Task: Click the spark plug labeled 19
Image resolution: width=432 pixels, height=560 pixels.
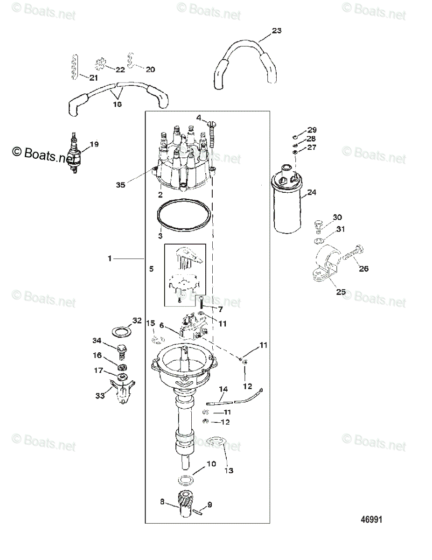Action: tap(75, 152)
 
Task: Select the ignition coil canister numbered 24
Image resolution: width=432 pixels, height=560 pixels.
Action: tap(287, 199)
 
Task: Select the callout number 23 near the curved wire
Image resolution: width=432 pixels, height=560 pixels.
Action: tap(277, 31)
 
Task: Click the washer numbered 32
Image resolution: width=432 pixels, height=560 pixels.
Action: tap(121, 332)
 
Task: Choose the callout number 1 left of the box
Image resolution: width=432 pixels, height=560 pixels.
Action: tap(110, 258)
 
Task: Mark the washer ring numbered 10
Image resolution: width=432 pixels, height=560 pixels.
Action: tap(186, 480)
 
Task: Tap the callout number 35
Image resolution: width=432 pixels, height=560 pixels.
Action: tap(120, 185)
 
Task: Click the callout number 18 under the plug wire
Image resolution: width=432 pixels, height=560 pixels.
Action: tap(117, 104)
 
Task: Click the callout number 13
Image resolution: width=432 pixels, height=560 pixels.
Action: tap(229, 470)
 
